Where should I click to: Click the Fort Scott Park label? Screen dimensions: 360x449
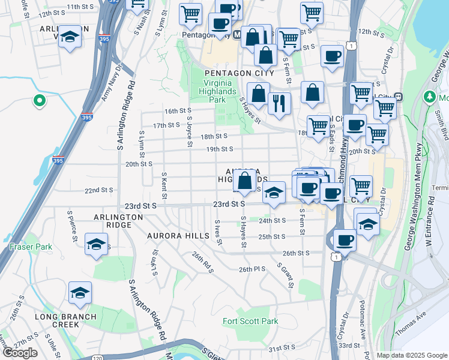coord(250,321)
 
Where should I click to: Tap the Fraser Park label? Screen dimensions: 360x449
coord(31,247)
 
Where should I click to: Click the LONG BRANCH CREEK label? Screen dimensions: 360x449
coord(57,320)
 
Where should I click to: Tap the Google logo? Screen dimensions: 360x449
coord(20,353)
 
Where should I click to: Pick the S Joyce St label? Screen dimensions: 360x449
coord(189,131)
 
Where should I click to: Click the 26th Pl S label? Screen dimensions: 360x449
coord(252,269)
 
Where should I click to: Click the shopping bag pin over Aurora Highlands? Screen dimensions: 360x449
coord(245,181)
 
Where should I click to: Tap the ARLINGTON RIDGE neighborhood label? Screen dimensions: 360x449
coord(118,221)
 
